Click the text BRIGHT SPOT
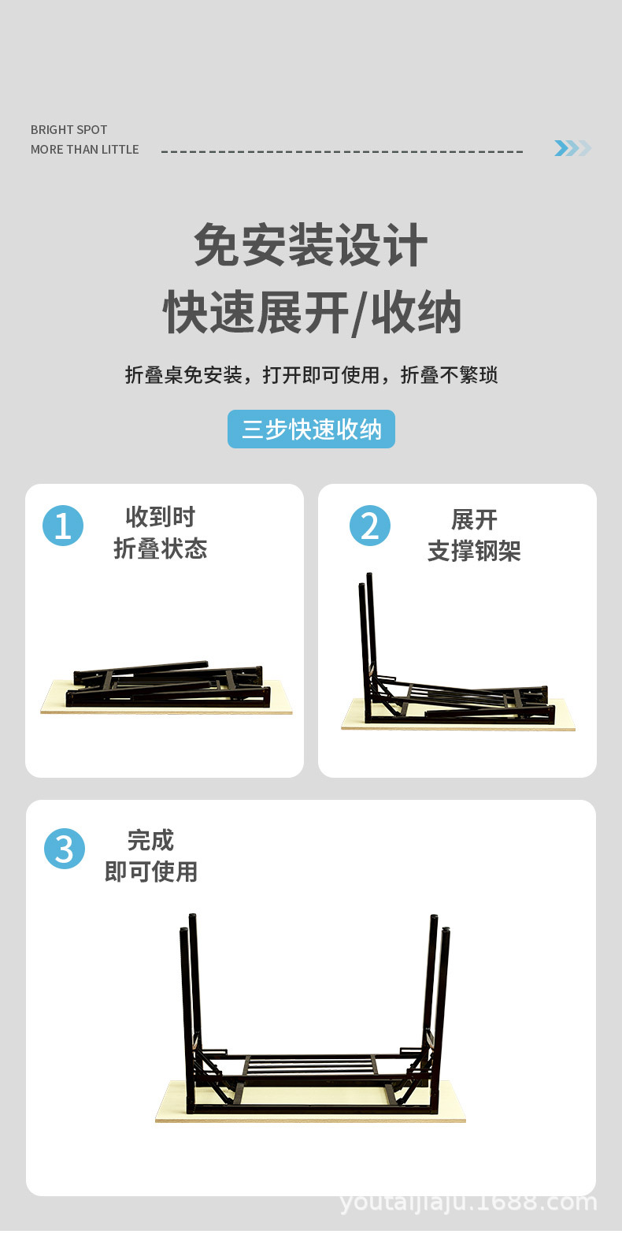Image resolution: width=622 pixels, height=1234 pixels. click(x=68, y=130)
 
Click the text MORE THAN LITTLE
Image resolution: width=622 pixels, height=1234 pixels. click(x=84, y=150)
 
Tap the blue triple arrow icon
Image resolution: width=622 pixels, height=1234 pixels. click(x=572, y=148)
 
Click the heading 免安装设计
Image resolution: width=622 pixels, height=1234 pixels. click(x=311, y=245)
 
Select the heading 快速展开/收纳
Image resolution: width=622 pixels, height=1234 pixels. click(x=312, y=313)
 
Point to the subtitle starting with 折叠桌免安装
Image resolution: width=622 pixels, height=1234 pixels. click(x=311, y=375)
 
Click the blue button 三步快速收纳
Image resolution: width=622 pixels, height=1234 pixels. click(x=311, y=429)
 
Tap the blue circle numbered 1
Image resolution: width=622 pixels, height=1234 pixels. click(x=63, y=526)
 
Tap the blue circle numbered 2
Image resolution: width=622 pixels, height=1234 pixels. click(x=370, y=526)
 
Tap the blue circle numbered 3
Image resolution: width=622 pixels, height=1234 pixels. click(x=65, y=849)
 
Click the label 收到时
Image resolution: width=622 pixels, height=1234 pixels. click(x=160, y=517)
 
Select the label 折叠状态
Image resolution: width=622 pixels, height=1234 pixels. click(x=160, y=548)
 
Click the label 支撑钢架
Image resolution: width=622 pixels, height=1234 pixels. click(x=474, y=551)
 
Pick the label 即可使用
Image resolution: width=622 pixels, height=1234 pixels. click(x=151, y=872)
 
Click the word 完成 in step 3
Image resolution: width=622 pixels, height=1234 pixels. click(x=150, y=840)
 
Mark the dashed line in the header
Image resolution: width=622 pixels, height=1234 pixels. click(x=342, y=151)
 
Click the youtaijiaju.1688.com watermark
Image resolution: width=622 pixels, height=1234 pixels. click(x=468, y=1202)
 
